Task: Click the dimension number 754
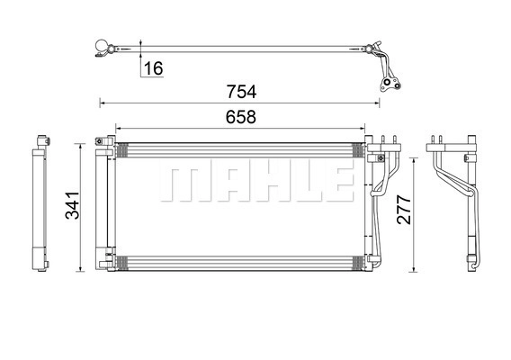point(241,92)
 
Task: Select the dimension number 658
point(241,117)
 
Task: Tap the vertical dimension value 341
point(72,205)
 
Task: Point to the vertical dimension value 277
point(404,210)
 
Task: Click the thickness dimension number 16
point(153,68)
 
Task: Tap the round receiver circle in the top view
point(102,46)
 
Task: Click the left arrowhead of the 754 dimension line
point(102,103)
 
